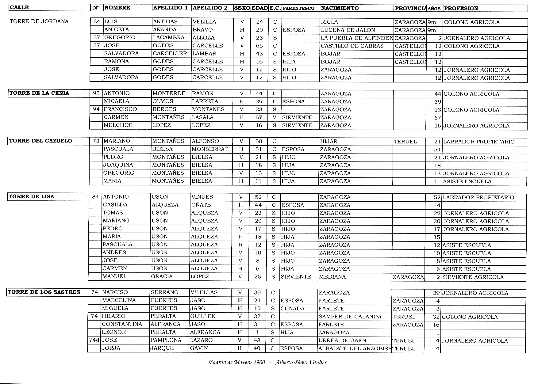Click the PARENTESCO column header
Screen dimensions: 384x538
coord(298,8)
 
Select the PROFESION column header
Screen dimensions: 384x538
coord(461,8)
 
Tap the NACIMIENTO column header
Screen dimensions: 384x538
coord(340,8)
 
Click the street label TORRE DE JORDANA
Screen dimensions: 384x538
coord(39,21)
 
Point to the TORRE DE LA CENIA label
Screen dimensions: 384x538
coord(39,93)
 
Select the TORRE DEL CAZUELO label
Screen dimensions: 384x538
coord(40,141)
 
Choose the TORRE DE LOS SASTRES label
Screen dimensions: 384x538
coord(44,292)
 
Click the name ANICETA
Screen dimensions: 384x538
coord(117,30)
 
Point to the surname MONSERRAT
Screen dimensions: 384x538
coord(209,149)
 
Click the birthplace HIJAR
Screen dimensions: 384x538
coord(329,141)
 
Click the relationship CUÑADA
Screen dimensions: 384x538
coord(292,309)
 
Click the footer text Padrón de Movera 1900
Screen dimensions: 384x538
coord(237,363)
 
